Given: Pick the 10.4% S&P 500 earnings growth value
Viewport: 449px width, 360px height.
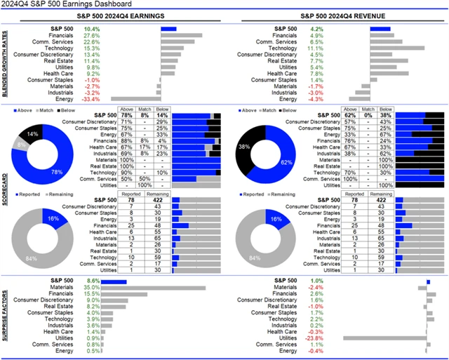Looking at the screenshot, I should (91, 28).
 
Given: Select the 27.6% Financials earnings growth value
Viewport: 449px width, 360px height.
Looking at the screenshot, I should (92, 35).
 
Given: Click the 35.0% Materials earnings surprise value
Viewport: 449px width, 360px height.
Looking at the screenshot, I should (91, 288).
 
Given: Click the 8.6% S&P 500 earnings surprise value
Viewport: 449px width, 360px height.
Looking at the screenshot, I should (91, 281).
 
